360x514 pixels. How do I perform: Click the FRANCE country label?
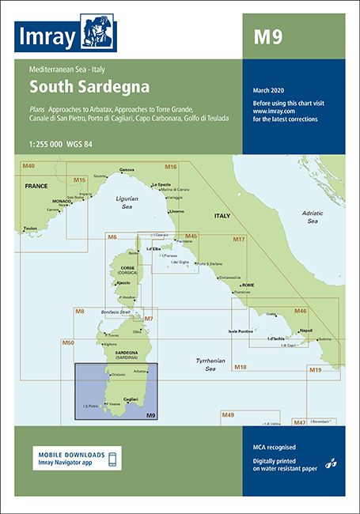click(x=36, y=185)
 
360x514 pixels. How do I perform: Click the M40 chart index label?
click(x=28, y=165)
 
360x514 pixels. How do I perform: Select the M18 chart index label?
click(x=241, y=367)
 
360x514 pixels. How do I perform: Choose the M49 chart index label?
click(x=228, y=415)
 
